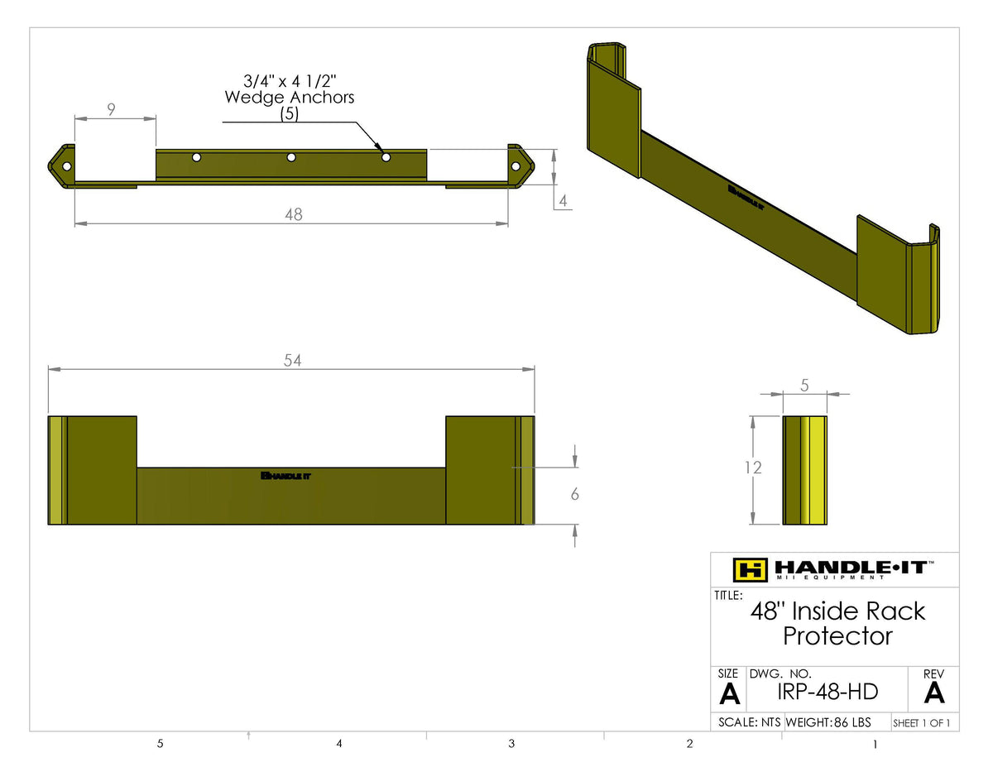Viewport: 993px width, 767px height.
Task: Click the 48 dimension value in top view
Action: tap(293, 214)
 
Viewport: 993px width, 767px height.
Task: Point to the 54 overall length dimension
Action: tap(292, 360)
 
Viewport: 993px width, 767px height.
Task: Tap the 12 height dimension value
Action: tap(752, 467)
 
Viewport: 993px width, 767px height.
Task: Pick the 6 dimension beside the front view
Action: tap(574, 494)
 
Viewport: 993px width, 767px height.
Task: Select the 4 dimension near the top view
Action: tap(563, 199)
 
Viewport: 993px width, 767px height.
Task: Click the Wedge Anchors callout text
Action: tap(290, 97)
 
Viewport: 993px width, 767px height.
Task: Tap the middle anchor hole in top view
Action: tap(291, 157)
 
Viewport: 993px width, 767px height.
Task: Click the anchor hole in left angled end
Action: tap(67, 166)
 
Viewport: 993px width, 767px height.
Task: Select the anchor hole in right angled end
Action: tap(516, 166)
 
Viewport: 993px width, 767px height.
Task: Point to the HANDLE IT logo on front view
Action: tap(285, 476)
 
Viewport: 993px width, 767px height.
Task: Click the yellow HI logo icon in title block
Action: tap(751, 569)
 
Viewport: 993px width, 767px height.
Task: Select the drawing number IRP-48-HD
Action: tap(828, 692)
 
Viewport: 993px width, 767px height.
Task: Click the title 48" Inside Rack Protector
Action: tap(837, 623)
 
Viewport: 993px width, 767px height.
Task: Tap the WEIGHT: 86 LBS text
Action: tap(827, 722)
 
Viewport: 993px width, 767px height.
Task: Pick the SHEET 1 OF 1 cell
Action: tap(921, 723)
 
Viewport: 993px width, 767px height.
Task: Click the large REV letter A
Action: tap(933, 692)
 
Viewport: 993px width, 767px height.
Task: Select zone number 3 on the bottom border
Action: tap(511, 744)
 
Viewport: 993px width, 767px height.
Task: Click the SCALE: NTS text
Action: tap(749, 722)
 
